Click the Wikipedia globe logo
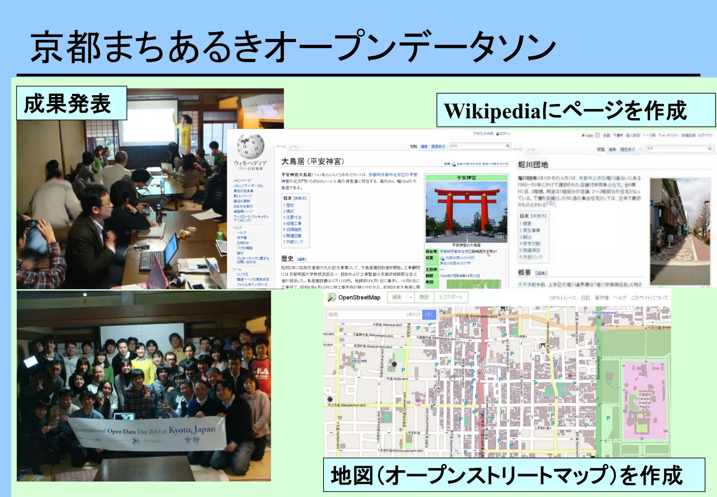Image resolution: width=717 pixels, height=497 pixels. point(250,146)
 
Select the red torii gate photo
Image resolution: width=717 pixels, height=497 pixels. point(466,211)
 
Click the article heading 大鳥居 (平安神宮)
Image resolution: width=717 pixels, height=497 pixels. point(313,161)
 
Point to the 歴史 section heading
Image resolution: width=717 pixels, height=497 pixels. point(287,259)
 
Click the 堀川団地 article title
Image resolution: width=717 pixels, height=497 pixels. point(532,165)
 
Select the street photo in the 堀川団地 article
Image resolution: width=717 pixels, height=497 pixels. point(680,231)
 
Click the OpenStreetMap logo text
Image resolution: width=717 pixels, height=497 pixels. point(358,298)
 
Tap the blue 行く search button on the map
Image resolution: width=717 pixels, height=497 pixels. point(429,315)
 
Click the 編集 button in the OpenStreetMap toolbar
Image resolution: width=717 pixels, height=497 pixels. point(397,297)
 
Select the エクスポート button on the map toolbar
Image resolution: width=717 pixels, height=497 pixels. point(450,297)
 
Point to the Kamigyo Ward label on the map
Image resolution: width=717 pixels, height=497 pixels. point(490,368)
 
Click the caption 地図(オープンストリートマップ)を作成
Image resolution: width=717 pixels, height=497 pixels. point(507,476)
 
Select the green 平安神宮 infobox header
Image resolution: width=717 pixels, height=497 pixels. point(466,178)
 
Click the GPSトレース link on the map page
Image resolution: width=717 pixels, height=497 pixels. point(563,298)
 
